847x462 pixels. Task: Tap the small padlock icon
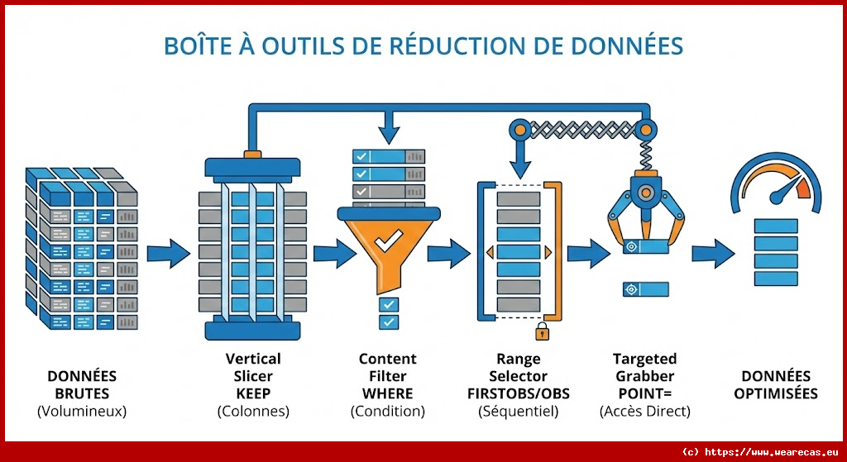click(x=542, y=331)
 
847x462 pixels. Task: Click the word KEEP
click(x=253, y=393)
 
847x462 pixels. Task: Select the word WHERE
click(x=387, y=393)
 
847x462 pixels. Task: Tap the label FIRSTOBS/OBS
click(x=519, y=393)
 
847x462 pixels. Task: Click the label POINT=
click(x=644, y=393)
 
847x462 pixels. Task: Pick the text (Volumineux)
click(x=82, y=411)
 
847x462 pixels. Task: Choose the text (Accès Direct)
click(x=644, y=411)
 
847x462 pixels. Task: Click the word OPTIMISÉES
click(x=775, y=393)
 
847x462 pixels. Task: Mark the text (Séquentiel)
click(x=519, y=411)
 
